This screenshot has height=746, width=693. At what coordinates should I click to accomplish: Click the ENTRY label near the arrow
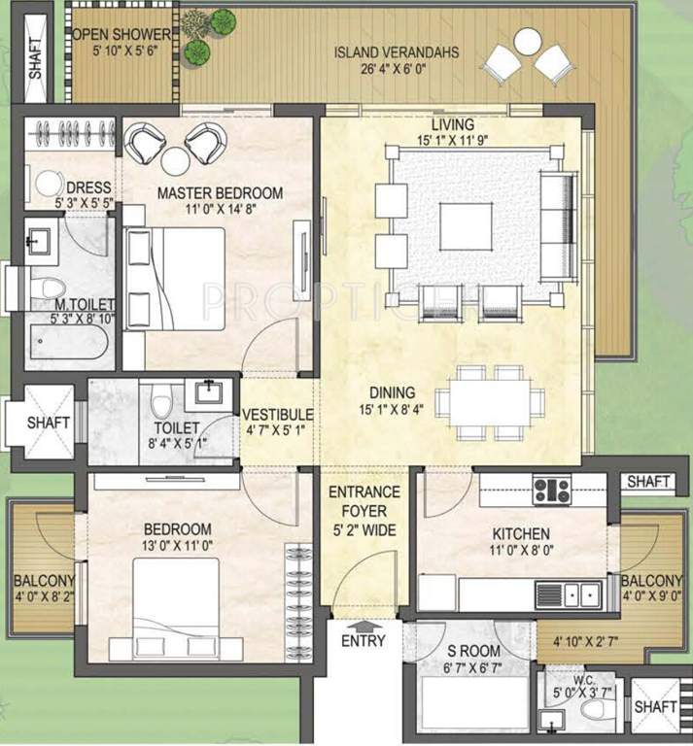[x=364, y=641]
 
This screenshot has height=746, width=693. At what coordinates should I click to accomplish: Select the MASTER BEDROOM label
[x=221, y=193]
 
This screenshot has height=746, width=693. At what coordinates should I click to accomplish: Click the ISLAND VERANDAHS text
[x=396, y=51]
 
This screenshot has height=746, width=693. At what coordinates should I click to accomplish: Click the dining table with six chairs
[x=483, y=397]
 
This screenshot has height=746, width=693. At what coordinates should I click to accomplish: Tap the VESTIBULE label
[x=278, y=415]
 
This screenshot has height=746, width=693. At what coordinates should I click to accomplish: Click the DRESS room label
[x=88, y=186]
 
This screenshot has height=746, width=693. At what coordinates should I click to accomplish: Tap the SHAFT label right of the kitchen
[x=649, y=481]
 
